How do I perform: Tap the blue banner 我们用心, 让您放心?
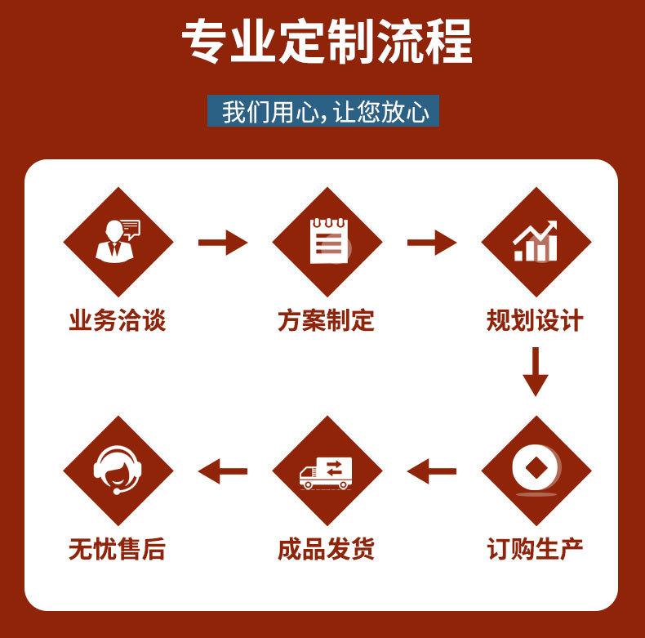(323, 110)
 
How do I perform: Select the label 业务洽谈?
(118, 320)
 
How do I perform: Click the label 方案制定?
(326, 320)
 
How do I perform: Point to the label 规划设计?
(535, 320)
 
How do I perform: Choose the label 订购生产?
(535, 548)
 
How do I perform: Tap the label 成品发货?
(326, 548)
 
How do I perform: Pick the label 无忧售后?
(118, 548)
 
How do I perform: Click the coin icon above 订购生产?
(536, 471)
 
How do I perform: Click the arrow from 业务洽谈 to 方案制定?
(222, 243)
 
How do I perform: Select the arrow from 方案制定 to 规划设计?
(431, 243)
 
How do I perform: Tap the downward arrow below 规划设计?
(536, 372)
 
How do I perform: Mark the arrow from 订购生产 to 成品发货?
(431, 471)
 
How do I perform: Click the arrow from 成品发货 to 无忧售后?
(222, 471)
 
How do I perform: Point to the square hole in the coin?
(536, 468)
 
